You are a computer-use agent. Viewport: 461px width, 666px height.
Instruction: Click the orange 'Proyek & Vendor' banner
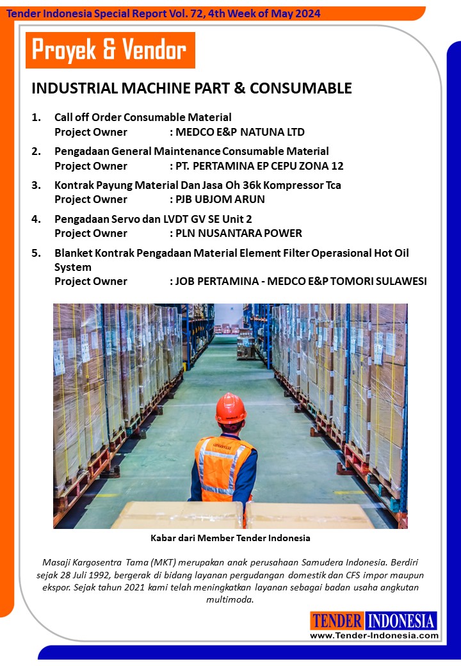click(x=109, y=50)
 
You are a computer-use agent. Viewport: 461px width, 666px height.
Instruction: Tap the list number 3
click(x=36, y=185)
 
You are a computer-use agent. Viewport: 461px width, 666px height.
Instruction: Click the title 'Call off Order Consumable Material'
click(x=143, y=117)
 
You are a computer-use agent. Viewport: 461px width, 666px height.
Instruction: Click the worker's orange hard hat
click(x=230, y=408)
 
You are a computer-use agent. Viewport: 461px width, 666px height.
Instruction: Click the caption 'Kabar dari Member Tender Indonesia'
click(x=230, y=538)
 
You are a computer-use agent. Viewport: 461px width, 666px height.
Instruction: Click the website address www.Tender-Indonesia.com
click(x=374, y=635)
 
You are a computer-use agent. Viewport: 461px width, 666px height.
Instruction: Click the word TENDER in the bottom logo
click(x=337, y=621)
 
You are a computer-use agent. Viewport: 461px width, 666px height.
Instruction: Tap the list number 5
click(x=36, y=253)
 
